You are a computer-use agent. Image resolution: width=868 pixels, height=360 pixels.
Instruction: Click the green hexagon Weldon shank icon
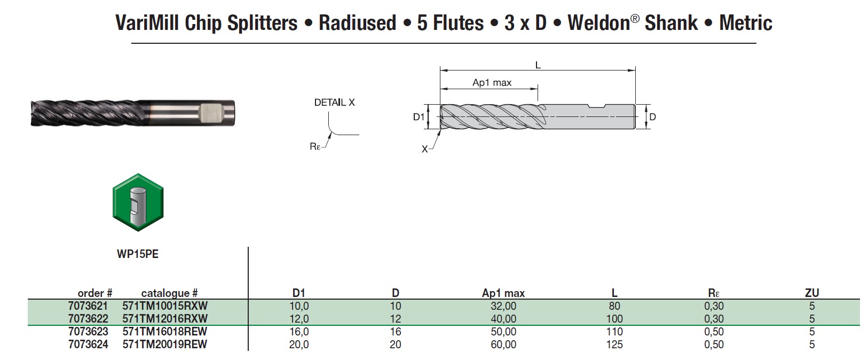click(138, 202)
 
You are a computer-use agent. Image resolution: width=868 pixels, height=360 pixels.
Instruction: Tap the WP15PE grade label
click(138, 254)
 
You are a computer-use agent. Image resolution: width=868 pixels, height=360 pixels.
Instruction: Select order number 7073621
click(88, 306)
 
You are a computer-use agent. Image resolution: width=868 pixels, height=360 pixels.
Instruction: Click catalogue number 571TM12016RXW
click(165, 319)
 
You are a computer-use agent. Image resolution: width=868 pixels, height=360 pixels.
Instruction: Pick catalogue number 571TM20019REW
click(165, 345)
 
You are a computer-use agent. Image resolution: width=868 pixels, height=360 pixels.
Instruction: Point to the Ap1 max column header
click(503, 293)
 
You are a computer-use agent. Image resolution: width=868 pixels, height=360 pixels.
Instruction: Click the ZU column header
click(811, 293)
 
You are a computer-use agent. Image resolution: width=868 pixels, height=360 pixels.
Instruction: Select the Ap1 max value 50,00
click(503, 332)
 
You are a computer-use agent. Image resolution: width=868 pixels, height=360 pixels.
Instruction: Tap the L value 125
click(614, 345)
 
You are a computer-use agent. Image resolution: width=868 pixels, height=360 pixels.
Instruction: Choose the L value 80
click(614, 306)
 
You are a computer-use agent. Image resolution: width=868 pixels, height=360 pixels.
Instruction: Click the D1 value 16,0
click(299, 332)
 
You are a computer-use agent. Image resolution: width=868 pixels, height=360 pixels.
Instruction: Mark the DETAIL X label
click(334, 103)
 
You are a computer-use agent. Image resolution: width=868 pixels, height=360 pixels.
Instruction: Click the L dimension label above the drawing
click(538, 65)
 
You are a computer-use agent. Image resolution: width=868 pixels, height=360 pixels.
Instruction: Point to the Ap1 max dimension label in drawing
click(492, 82)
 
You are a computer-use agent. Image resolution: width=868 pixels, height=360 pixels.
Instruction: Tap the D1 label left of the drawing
click(419, 116)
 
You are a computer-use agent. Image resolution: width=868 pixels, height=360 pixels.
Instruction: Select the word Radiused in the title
click(357, 23)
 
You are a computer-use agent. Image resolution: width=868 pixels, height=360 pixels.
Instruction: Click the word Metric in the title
click(745, 23)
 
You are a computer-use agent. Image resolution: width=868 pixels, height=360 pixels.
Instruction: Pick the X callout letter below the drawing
click(425, 150)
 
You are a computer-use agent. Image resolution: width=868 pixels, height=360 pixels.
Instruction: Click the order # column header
click(95, 293)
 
